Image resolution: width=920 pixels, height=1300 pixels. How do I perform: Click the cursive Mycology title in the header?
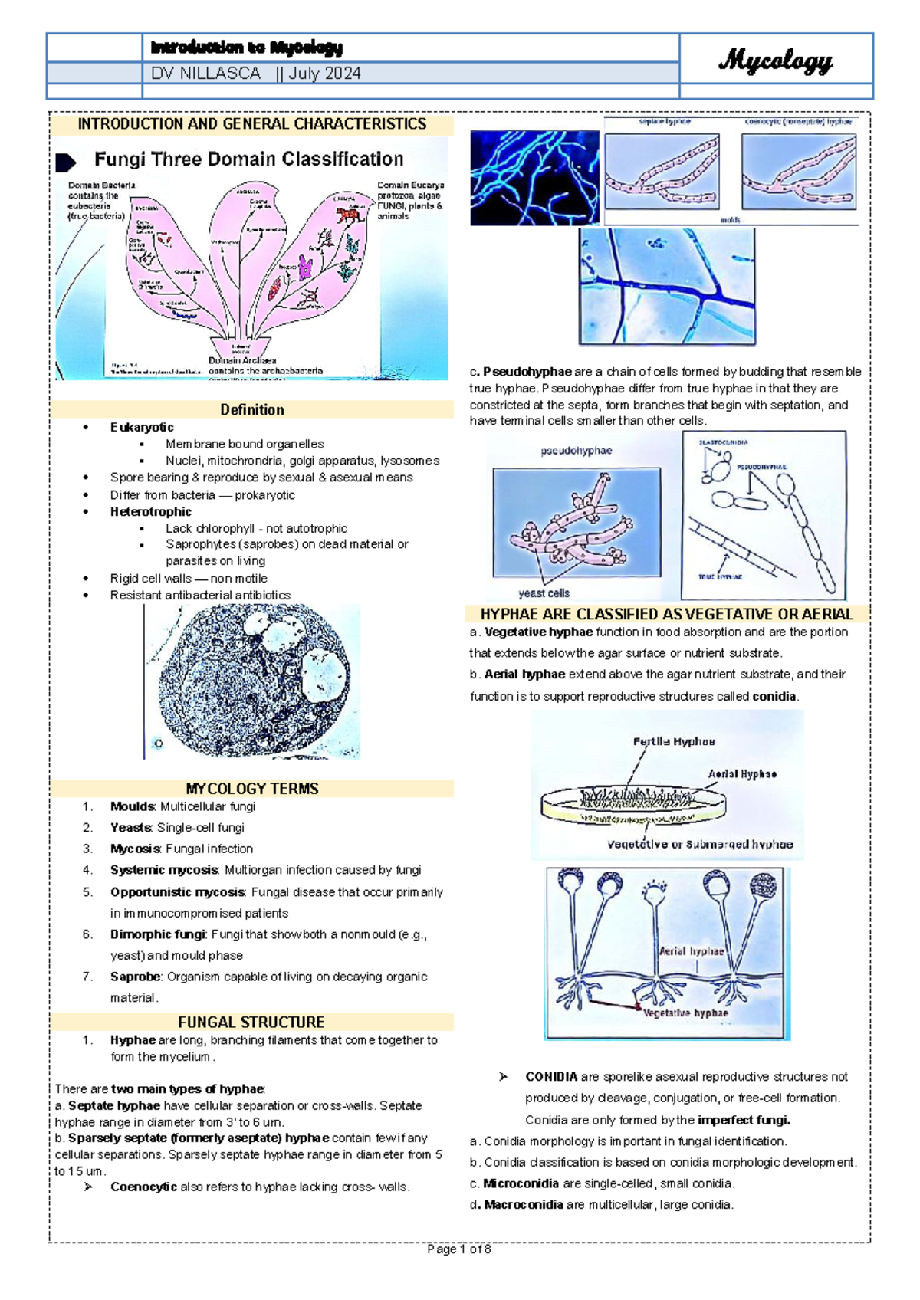[775, 61]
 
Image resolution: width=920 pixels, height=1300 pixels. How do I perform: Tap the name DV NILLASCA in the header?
[205, 74]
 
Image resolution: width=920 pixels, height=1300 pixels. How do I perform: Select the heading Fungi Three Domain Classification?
[248, 159]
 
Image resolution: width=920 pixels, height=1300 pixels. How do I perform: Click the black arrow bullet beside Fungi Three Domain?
[66, 162]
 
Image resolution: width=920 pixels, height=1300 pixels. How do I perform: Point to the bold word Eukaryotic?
[142, 427]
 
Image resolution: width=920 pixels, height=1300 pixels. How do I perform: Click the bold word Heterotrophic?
[150, 511]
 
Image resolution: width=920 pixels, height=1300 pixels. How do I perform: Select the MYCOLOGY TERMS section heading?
[251, 789]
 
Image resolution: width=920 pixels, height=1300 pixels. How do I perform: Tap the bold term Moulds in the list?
[133, 806]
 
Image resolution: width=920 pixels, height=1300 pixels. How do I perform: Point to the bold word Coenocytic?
[143, 1187]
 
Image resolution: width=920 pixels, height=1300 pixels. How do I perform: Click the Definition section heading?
[251, 410]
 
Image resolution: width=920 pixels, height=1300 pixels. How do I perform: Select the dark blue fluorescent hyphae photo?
[534, 177]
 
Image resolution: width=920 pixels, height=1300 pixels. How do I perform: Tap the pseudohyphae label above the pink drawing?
[577, 451]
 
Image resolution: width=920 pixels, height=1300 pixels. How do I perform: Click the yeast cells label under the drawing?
[544, 593]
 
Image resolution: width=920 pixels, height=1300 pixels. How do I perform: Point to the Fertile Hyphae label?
[674, 741]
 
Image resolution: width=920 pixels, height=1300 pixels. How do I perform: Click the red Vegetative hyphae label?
[685, 1013]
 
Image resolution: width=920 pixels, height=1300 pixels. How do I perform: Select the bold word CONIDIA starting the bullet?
[551, 1077]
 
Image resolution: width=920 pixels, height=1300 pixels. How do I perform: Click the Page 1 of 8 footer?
[459, 1249]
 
